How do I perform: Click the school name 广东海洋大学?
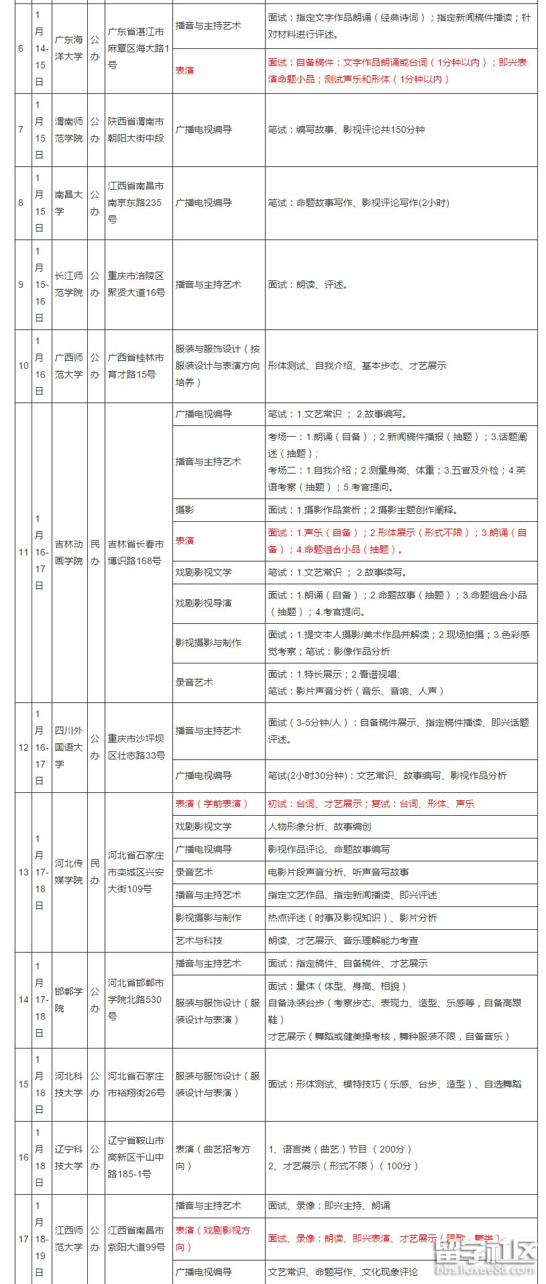pyautogui.click(x=68, y=48)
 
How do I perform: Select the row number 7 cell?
pyautogui.click(x=21, y=129)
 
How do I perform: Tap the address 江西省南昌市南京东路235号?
pyautogui.click(x=136, y=203)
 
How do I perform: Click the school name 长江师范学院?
pyautogui.click(x=68, y=284)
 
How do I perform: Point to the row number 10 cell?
pyautogui.click(x=23, y=366)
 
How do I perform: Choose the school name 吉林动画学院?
pyautogui.click(x=68, y=552)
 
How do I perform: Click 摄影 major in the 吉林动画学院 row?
pyautogui.click(x=185, y=510)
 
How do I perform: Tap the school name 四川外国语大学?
pyautogui.click(x=68, y=747)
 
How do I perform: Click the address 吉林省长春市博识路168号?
pyautogui.click(x=136, y=552)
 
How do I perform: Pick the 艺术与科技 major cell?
pyautogui.click(x=199, y=941)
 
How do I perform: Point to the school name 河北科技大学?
pyautogui.click(x=68, y=1084)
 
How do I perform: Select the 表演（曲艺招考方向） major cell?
pyautogui.click(x=213, y=1157)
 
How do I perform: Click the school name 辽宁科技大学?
pyautogui.click(x=68, y=1157)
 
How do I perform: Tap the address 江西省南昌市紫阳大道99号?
pyautogui.click(x=136, y=1238)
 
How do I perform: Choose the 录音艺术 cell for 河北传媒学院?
pyautogui.click(x=195, y=872)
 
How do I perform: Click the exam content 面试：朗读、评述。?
pyautogui.click(x=309, y=284)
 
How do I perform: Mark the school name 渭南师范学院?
pyautogui.click(x=68, y=129)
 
